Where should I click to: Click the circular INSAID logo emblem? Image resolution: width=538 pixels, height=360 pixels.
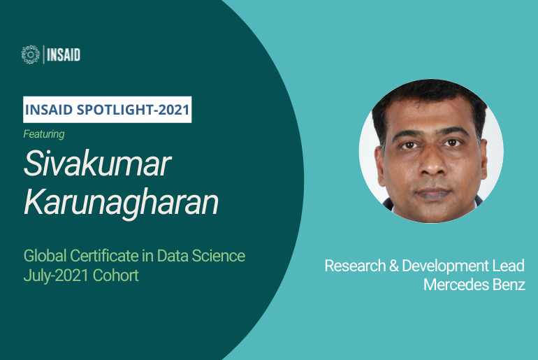pos(31,55)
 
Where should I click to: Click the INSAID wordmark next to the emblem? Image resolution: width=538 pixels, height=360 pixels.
pos(64,55)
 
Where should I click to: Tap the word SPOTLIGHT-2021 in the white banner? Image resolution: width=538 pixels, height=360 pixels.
pos(133,110)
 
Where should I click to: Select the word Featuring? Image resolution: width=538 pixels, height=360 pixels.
pos(44,134)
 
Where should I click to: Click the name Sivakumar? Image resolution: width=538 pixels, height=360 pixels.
pos(97,164)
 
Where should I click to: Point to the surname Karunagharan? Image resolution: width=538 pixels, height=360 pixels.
pos(121,202)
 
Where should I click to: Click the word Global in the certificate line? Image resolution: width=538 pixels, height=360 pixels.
pos(45,256)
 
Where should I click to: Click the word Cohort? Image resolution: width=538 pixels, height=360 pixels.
pos(115,275)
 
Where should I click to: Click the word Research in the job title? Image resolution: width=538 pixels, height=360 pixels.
pos(355,266)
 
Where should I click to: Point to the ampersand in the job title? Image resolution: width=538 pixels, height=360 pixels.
pos(393,266)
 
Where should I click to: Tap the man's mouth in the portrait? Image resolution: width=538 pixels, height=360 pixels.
pos(433,193)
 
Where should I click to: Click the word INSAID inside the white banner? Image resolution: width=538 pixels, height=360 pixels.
pos(49,110)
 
